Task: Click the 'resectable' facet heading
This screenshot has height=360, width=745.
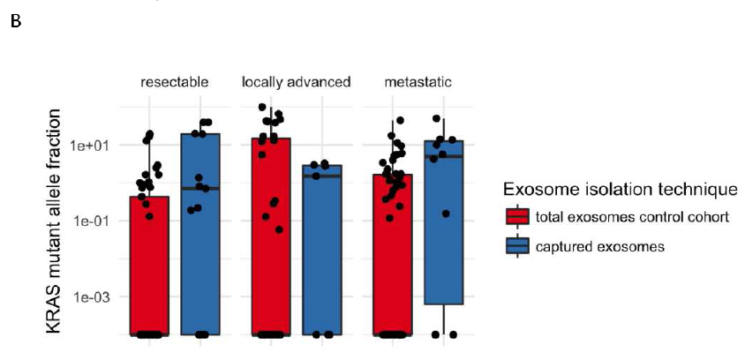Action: point(175,83)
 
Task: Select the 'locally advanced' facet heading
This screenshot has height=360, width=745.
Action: point(297,83)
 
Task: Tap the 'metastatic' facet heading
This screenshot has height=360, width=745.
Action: point(418,83)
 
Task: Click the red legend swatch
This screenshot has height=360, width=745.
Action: point(517,218)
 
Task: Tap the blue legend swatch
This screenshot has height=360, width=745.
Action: point(517,246)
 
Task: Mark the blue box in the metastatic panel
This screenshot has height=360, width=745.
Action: point(444,221)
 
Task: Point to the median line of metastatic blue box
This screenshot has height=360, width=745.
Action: point(444,156)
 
